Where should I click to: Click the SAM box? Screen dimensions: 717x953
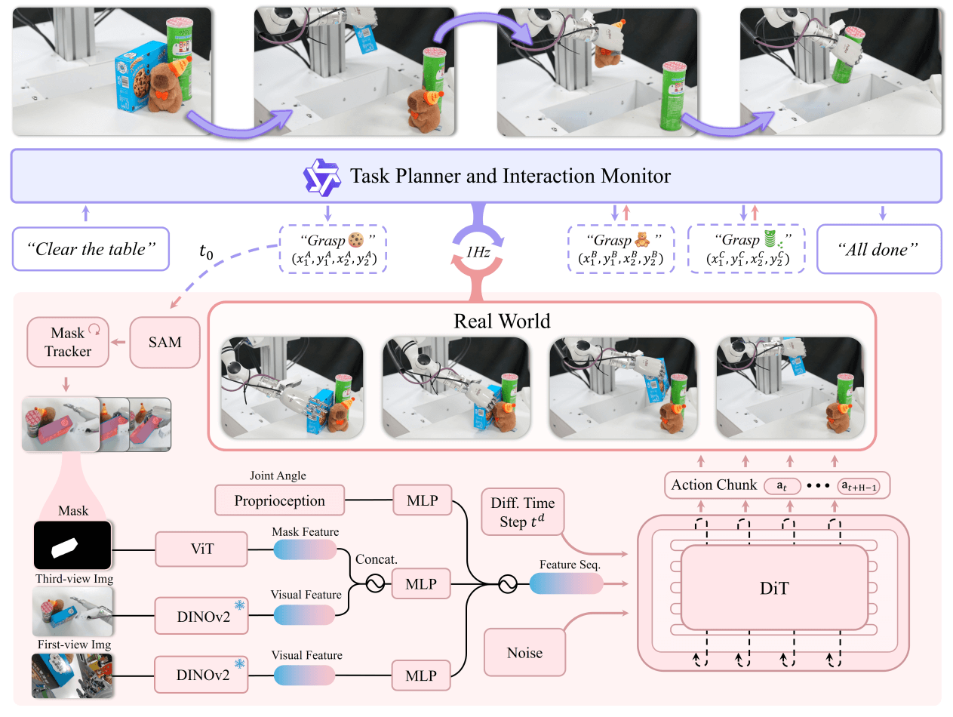coord(165,342)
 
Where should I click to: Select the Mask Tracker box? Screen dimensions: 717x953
coord(67,342)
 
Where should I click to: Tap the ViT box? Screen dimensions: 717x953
coord(202,549)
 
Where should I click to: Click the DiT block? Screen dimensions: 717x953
coord(774,587)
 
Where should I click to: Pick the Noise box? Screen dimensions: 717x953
coord(524,652)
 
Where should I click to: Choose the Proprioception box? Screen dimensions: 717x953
coord(279,500)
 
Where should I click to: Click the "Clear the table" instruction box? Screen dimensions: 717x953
coord(90,249)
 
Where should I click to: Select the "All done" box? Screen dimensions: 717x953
coord(880,249)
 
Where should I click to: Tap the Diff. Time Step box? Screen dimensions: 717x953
coord(522,511)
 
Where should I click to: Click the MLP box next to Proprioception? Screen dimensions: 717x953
coord(421,500)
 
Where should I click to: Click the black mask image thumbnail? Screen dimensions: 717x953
coord(73,546)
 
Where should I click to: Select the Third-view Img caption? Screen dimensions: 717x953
coord(73,579)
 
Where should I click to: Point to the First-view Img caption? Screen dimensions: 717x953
coord(73,645)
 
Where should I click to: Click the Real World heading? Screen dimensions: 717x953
coord(503,321)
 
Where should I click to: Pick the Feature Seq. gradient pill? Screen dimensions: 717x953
coord(566,584)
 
